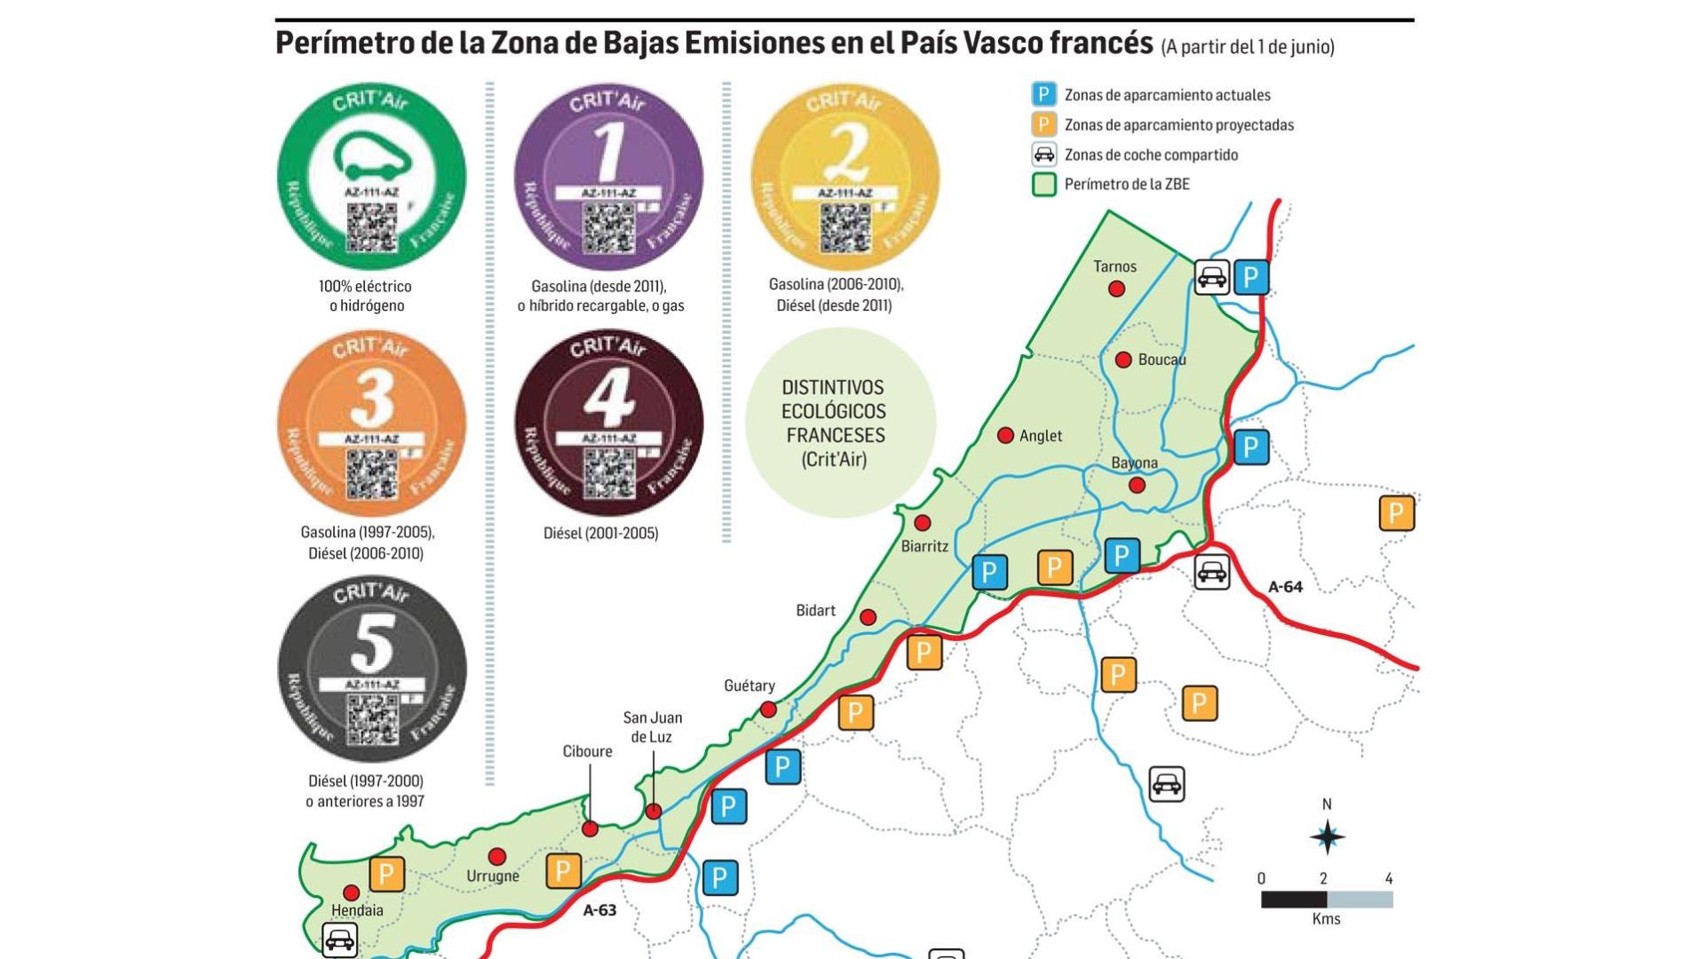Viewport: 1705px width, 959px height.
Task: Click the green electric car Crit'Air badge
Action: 371,178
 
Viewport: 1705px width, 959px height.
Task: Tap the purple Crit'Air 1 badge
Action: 608,178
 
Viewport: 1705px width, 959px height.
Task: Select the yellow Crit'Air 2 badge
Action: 845,178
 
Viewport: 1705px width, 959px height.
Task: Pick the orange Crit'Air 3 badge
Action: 371,424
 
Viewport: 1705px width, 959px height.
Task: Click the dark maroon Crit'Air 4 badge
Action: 608,424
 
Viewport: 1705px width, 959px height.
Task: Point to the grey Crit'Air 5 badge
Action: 371,670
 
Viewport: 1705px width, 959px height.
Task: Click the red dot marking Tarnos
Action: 1117,289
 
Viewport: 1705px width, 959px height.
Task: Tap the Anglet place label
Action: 1041,436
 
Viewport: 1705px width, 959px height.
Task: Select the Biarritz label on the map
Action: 924,546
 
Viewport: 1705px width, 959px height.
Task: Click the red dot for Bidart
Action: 868,617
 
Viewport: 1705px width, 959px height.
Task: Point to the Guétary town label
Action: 749,686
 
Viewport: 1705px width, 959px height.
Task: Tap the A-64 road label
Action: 1285,587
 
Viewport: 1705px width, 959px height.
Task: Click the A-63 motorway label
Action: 599,910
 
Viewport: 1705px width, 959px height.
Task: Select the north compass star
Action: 1328,836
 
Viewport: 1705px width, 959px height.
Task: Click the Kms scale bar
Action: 1327,900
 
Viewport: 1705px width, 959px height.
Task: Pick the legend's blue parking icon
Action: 1043,95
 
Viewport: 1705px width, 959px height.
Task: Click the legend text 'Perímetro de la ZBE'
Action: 1127,185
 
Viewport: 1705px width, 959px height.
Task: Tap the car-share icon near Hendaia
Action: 339,939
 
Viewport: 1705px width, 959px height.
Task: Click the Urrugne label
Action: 493,876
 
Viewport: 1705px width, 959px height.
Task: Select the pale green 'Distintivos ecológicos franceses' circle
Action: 839,424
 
